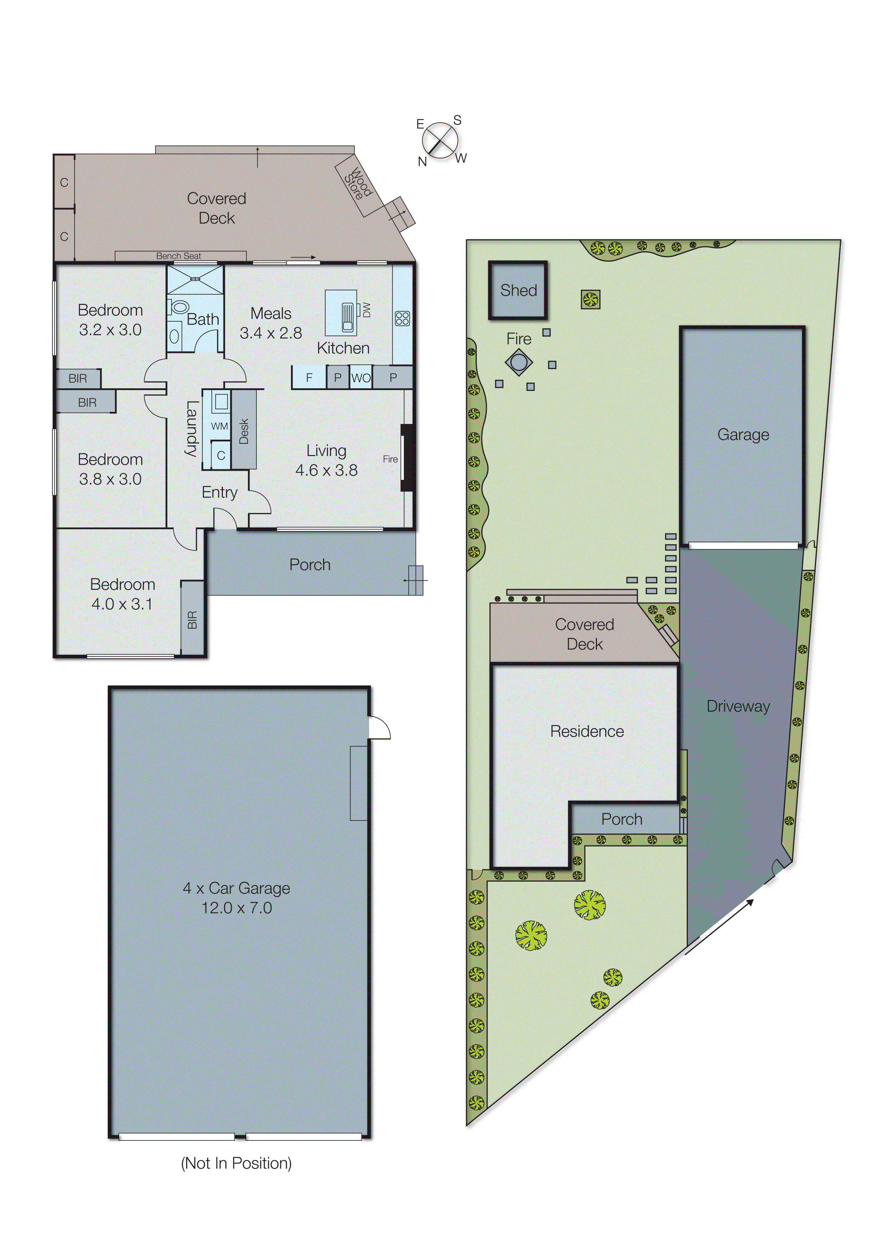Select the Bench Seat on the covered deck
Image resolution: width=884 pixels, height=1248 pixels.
pyautogui.click(x=180, y=256)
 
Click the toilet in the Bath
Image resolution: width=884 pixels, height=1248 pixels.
pyautogui.click(x=177, y=307)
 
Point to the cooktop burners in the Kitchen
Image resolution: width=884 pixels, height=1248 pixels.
pyautogui.click(x=402, y=318)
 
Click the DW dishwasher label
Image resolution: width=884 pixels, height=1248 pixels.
pyautogui.click(x=366, y=310)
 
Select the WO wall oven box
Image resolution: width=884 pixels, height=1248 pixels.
pyautogui.click(x=361, y=378)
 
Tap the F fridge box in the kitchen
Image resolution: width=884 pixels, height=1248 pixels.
pyautogui.click(x=309, y=378)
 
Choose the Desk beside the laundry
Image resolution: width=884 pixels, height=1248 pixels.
pyautogui.click(x=244, y=430)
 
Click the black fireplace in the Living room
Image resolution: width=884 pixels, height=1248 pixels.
pyautogui.click(x=406, y=458)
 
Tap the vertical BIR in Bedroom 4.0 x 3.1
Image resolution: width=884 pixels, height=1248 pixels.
pyautogui.click(x=192, y=619)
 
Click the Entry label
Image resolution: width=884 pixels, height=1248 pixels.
pyautogui.click(x=219, y=492)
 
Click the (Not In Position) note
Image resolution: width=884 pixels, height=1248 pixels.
pyautogui.click(x=236, y=1163)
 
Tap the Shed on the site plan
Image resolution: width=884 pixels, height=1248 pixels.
pyautogui.click(x=518, y=291)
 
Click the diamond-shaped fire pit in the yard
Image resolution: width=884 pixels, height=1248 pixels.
pyautogui.click(x=518, y=362)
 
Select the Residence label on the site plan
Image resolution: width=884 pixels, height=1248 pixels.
pyautogui.click(x=587, y=731)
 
